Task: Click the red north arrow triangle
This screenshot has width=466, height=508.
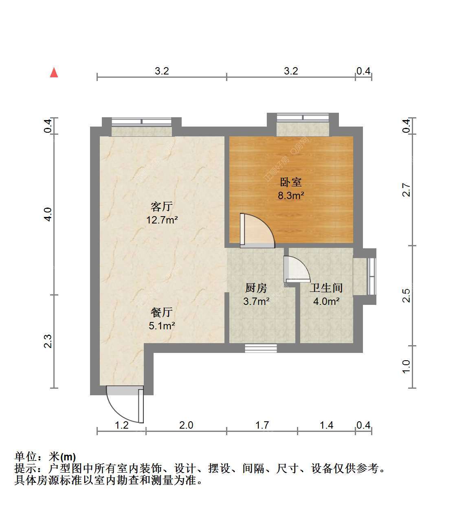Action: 54,72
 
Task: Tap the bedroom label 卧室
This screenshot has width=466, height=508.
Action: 290,182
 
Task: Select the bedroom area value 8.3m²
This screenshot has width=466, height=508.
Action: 291,195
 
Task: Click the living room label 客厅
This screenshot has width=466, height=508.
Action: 161,207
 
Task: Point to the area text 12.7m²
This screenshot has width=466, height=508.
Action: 162,220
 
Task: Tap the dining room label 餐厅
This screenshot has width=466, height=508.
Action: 161,312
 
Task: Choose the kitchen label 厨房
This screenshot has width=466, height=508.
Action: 256,288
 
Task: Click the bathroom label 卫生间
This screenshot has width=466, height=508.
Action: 326,288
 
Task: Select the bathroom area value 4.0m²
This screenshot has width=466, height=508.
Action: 326,301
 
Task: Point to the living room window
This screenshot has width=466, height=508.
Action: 141,122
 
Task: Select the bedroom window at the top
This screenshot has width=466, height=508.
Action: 303,117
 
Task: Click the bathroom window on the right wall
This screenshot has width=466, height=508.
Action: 372,276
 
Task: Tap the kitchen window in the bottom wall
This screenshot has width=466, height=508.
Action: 261,348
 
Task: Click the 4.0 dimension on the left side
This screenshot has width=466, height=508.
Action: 48,214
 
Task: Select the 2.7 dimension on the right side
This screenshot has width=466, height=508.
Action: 406,190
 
